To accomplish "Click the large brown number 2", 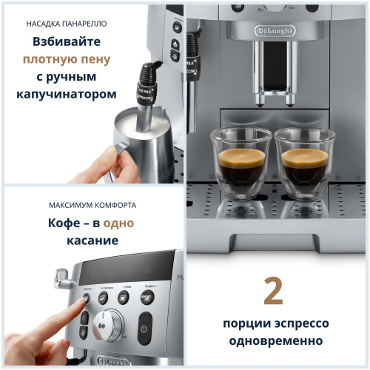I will [273, 291].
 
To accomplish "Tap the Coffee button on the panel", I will [124, 297].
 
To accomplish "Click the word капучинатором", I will [67, 94].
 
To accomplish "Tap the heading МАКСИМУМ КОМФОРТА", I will [92, 204].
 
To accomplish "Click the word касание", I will [92, 241].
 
